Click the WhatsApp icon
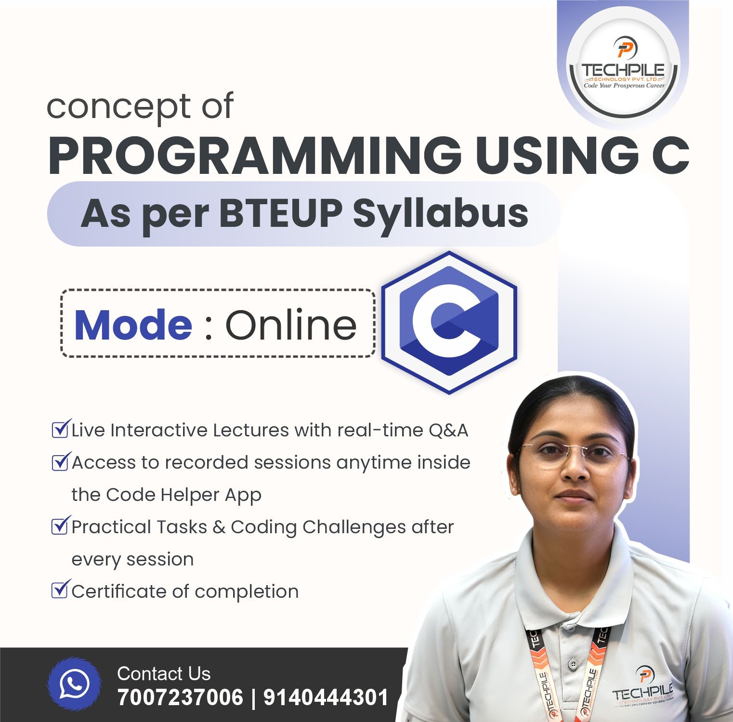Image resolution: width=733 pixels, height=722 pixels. (74, 683)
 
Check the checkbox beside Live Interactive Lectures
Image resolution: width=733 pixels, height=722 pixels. (59, 429)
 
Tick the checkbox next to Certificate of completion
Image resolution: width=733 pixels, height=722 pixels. (59, 590)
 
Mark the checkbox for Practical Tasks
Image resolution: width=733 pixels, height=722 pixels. (59, 525)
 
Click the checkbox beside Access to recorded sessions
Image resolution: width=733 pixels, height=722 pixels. (59, 462)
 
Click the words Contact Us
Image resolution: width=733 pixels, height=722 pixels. (164, 673)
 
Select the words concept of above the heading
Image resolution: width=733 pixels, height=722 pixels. (140, 106)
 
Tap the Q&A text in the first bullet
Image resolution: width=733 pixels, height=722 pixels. (448, 430)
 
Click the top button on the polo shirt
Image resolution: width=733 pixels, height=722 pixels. (572, 665)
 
